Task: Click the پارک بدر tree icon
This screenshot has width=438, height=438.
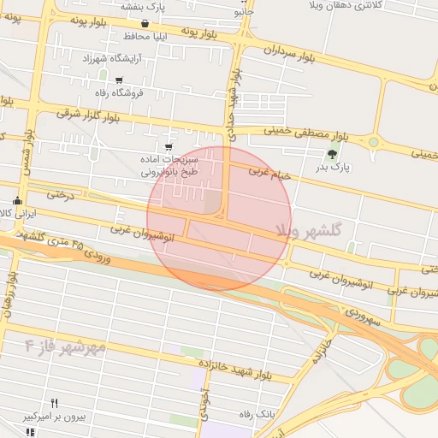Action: tap(332, 154)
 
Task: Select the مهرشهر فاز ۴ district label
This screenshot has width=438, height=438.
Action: tap(65, 346)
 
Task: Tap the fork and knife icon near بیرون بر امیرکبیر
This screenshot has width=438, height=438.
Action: tap(55, 402)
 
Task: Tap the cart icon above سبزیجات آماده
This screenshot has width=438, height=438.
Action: tap(180, 146)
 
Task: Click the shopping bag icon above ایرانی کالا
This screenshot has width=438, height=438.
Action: tap(17, 201)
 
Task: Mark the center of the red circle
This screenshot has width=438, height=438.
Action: tap(219, 218)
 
